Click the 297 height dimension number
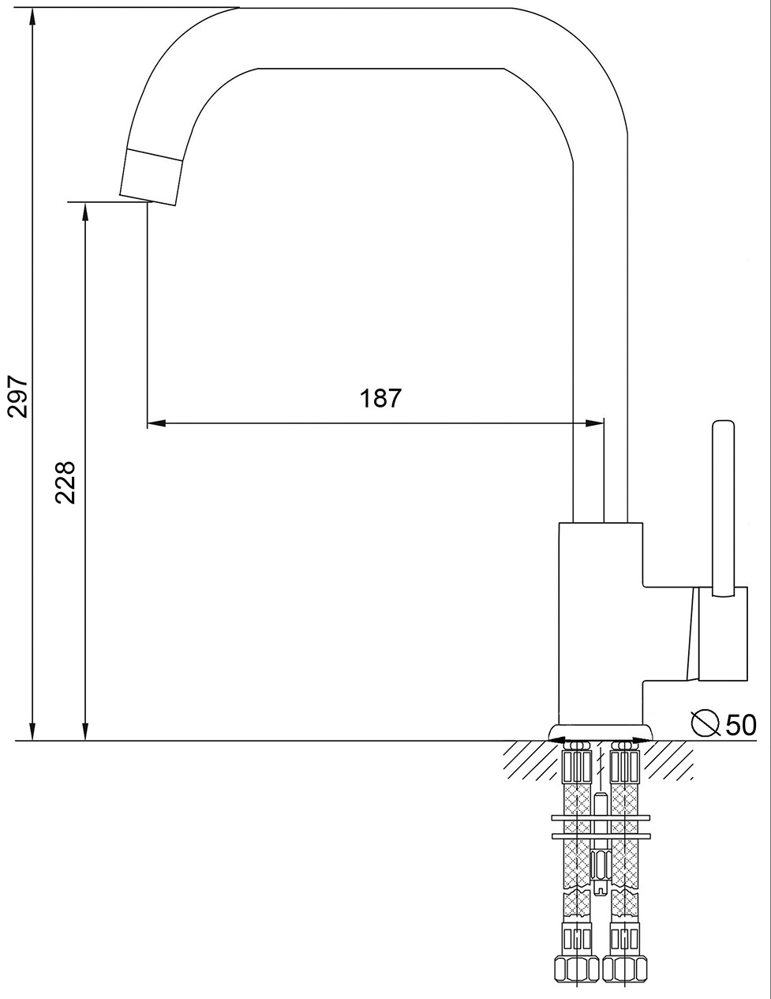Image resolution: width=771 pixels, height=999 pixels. [18, 396]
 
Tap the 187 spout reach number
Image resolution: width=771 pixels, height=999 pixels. [380, 398]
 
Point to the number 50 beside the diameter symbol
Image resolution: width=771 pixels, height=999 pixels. [740, 726]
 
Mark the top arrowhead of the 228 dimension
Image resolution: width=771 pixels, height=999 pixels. [85, 212]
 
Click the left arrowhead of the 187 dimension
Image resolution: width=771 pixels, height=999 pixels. [156, 423]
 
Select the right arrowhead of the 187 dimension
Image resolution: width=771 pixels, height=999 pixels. [594, 423]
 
